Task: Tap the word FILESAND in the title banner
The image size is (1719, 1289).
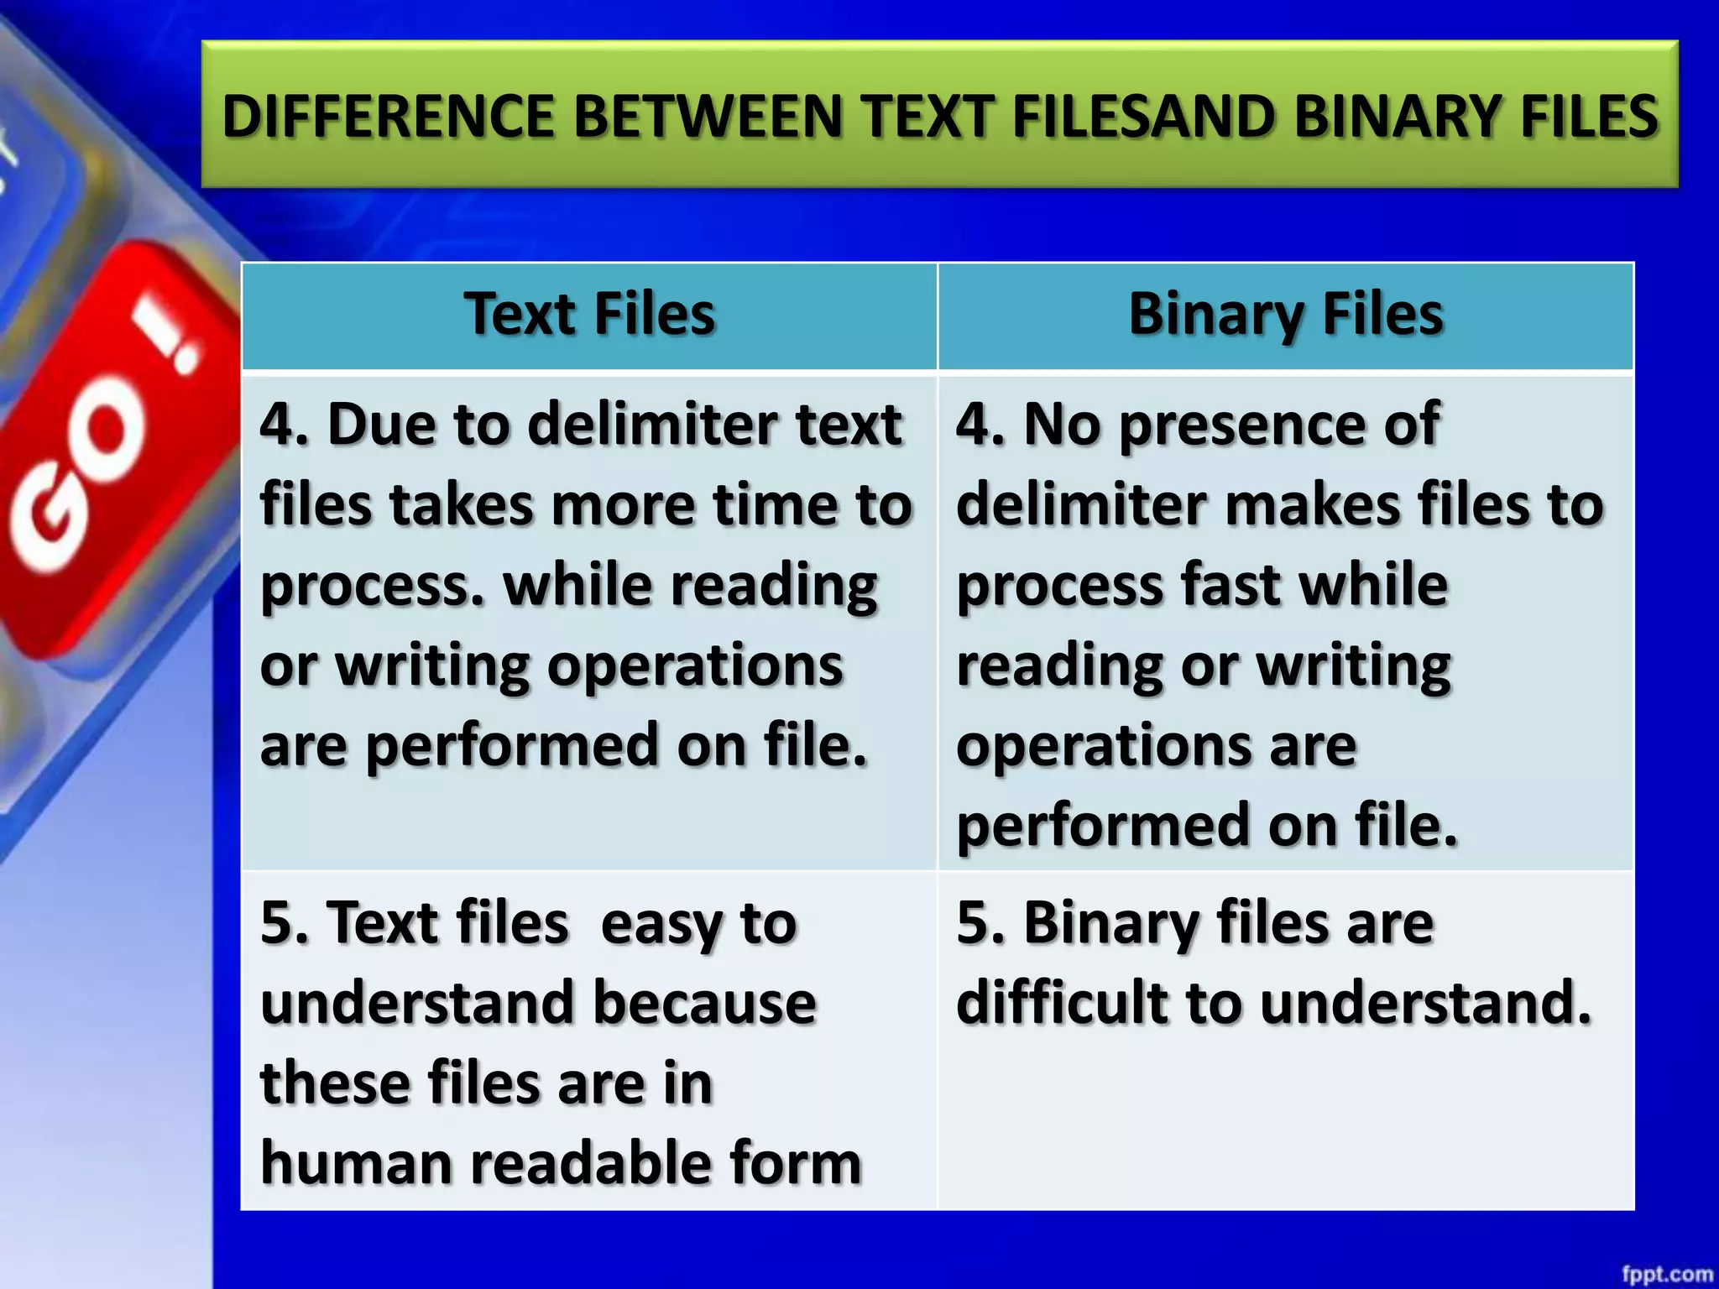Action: (1145, 116)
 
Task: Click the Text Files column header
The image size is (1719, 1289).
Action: (589, 315)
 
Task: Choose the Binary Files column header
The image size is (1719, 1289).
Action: (1286, 315)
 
